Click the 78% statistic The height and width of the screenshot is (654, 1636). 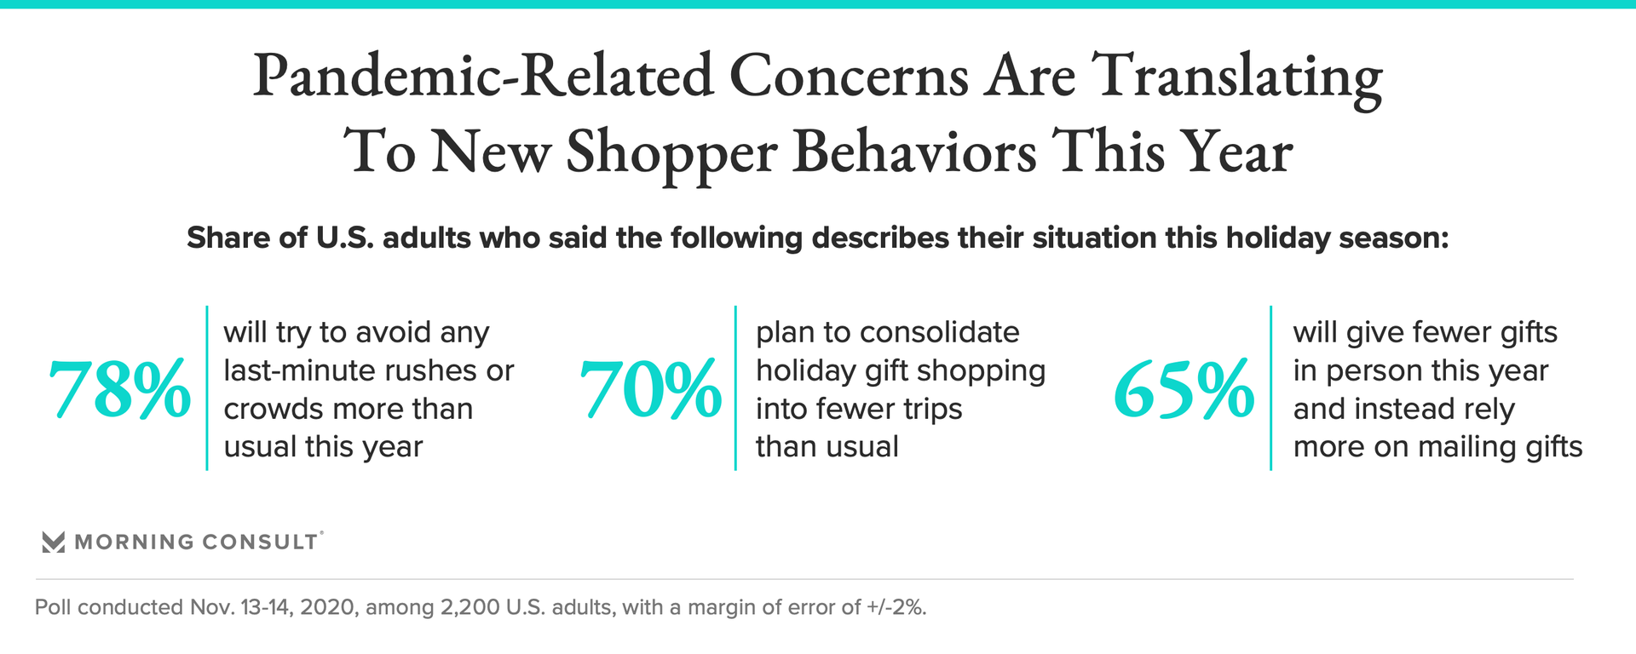tap(119, 391)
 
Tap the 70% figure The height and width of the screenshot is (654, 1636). tap(650, 391)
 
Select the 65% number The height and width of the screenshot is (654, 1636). tap(1184, 391)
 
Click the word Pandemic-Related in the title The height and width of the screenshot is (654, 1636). tap(483, 77)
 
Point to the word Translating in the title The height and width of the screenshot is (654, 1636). tap(1236, 77)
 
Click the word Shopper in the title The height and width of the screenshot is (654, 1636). tap(671, 153)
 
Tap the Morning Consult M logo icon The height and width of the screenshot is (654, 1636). tap(54, 542)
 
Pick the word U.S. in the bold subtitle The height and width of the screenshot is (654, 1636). tap(345, 238)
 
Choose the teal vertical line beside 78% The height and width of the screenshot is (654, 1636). tap(207, 388)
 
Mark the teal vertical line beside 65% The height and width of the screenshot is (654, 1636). tap(1270, 388)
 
